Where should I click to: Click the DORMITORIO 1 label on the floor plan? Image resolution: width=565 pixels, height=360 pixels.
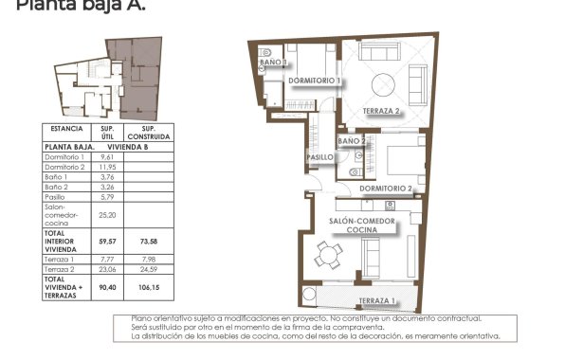[314, 81]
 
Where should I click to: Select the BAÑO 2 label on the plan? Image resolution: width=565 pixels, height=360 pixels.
[351, 140]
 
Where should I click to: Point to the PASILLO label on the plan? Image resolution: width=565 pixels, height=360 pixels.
[319, 156]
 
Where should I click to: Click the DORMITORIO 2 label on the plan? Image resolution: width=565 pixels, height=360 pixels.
[387, 189]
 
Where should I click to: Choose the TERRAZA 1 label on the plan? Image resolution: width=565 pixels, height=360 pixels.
[377, 301]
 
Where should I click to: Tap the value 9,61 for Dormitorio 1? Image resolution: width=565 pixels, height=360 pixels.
[107, 156]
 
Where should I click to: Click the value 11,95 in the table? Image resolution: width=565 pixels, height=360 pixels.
[107, 167]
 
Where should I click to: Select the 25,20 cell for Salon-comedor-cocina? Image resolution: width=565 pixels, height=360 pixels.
[107, 214]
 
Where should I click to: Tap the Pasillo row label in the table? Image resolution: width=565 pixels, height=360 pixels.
[56, 196]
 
